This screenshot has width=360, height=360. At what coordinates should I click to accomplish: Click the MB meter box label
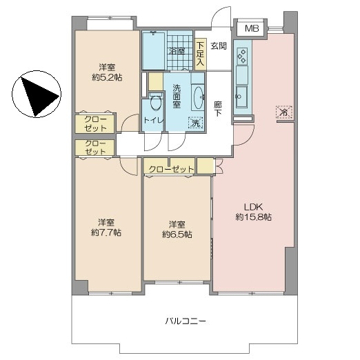coord(252,28)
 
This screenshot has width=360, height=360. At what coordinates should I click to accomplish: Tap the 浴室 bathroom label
coord(177,51)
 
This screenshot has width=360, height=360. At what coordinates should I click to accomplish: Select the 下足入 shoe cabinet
coord(201,54)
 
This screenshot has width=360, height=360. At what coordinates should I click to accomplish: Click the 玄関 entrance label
coord(219,46)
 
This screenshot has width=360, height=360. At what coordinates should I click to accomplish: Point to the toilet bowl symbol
coord(156,102)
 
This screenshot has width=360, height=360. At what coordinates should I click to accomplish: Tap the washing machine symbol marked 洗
coord(196,123)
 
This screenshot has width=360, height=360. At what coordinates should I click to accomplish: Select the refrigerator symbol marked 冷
coord(284,112)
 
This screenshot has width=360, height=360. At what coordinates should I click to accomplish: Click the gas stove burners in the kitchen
coord(242,56)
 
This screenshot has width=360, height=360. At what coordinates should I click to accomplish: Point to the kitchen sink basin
coord(242,97)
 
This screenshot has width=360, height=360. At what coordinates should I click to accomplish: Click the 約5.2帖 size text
coord(107,77)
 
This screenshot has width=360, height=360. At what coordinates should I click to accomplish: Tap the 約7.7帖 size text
coord(106,232)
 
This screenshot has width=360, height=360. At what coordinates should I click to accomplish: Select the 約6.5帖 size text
coord(177,234)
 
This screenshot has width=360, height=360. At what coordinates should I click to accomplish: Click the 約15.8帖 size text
coord(253,217)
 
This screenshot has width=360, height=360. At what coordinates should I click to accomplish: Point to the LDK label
coord(253,207)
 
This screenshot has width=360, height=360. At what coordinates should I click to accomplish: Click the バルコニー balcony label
coord(186,321)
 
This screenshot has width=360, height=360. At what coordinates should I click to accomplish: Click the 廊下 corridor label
coord(217,109)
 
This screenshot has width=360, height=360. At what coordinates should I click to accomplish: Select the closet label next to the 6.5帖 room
coord(171,170)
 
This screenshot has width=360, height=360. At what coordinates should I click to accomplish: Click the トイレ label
coord(154,120)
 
